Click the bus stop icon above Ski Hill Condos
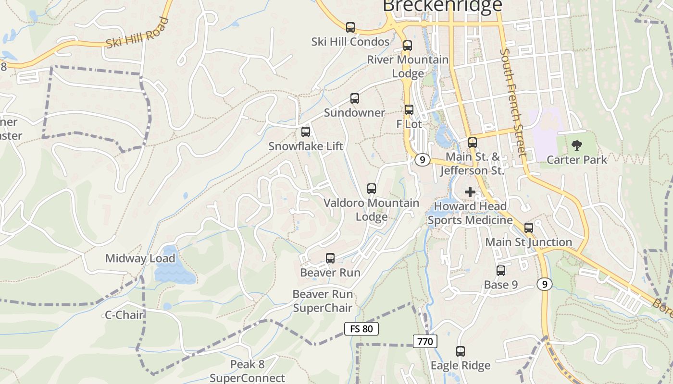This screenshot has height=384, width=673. coord(350,27)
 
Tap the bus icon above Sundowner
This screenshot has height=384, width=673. coord(355,98)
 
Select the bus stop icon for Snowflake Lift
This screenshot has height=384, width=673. coord(306,132)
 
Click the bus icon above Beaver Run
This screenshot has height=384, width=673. coord(330,258)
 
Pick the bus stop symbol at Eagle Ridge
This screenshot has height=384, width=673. coord(461,351)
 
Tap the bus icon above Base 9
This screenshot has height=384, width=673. coord(501,271)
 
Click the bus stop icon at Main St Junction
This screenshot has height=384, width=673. coord(529,228)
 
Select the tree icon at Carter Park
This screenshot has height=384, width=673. coord(576,145)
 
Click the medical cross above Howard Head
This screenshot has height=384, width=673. coord(470,192)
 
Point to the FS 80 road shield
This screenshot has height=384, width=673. coord(361,329)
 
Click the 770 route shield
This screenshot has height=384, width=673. coord(425,342)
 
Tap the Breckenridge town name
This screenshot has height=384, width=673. coord(442,6)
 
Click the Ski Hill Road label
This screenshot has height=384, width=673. coord(137,33)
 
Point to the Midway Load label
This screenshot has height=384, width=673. coord(140,259)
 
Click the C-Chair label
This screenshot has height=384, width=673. coord(125,315)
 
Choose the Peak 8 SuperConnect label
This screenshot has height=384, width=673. coord(247,371)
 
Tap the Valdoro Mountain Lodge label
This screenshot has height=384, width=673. coord(371,210)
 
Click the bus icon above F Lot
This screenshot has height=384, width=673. coord(409,110)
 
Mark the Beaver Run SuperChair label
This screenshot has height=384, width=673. coord(323,301)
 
